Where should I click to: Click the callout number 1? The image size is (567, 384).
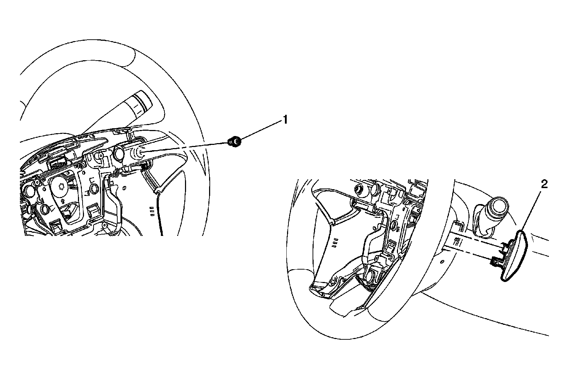tap(285, 120)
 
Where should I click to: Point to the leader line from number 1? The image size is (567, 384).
tap(261, 130)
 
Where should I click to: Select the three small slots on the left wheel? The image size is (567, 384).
tap(152, 211)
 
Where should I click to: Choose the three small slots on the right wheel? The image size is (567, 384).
tap(335, 242)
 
